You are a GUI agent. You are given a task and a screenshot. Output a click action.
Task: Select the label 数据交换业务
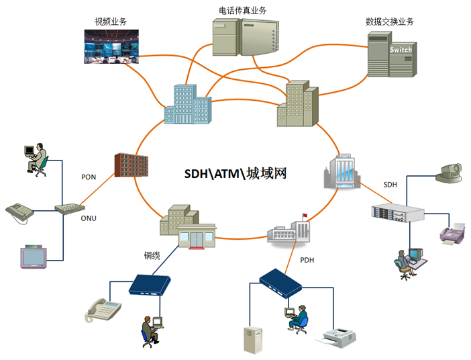click(x=390, y=21)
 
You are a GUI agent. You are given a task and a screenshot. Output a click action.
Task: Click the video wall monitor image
click(x=112, y=46)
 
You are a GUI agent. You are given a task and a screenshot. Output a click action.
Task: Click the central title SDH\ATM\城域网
click(x=235, y=174)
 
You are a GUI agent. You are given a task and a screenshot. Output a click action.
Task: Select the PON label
click(x=89, y=177)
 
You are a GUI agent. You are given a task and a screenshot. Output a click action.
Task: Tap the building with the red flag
click(x=290, y=230)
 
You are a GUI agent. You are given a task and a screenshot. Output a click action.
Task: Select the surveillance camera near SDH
click(x=448, y=173)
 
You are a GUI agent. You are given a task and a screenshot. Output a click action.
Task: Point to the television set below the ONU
click(x=34, y=256)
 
